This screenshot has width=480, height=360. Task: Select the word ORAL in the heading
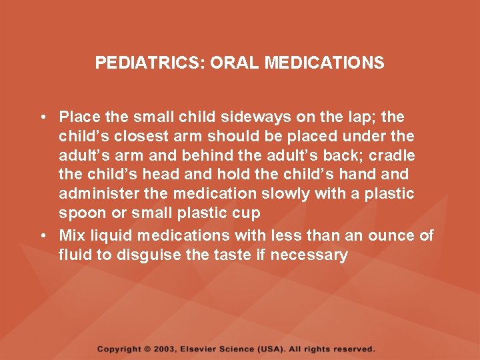tap(235, 63)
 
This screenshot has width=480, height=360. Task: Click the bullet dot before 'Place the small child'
tap(41, 117)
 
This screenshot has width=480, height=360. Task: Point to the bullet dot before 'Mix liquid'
tap(41, 235)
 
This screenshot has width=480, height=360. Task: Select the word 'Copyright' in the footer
tap(119, 349)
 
